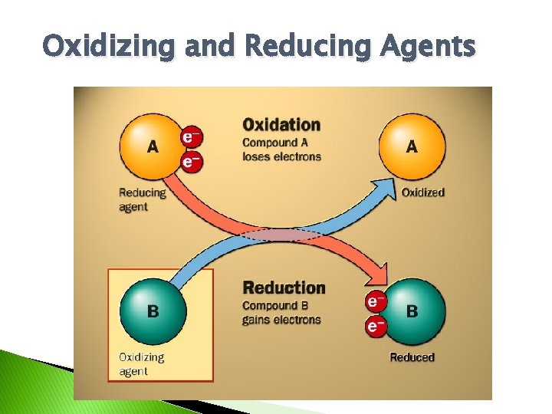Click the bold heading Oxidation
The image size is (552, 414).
click(281, 124)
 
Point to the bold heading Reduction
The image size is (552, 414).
click(284, 288)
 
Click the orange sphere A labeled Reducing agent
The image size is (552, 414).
click(151, 145)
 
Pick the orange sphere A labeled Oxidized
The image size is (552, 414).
click(412, 146)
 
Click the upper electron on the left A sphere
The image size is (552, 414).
click(191, 136)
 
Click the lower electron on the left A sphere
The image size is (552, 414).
click(191, 161)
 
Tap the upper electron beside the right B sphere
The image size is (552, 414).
click(376, 301)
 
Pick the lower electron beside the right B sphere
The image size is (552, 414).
click(376, 327)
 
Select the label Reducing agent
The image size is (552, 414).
click(142, 199)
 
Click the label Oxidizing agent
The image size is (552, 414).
click(141, 364)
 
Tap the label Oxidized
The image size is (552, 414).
click(422, 192)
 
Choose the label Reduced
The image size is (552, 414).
click(412, 357)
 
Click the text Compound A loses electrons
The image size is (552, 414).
click(281, 149)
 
